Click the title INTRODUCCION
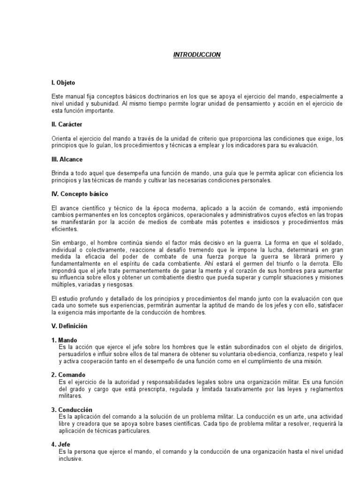[x=197, y=55]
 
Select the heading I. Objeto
[x=63, y=82]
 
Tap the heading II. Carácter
[x=67, y=124]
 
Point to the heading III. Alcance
[x=67, y=159]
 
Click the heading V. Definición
[x=69, y=326]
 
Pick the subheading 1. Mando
[x=65, y=340]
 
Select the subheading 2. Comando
[x=68, y=375]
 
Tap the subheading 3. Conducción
[x=72, y=410]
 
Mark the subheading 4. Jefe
[x=61, y=444]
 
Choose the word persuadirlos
[x=75, y=354]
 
